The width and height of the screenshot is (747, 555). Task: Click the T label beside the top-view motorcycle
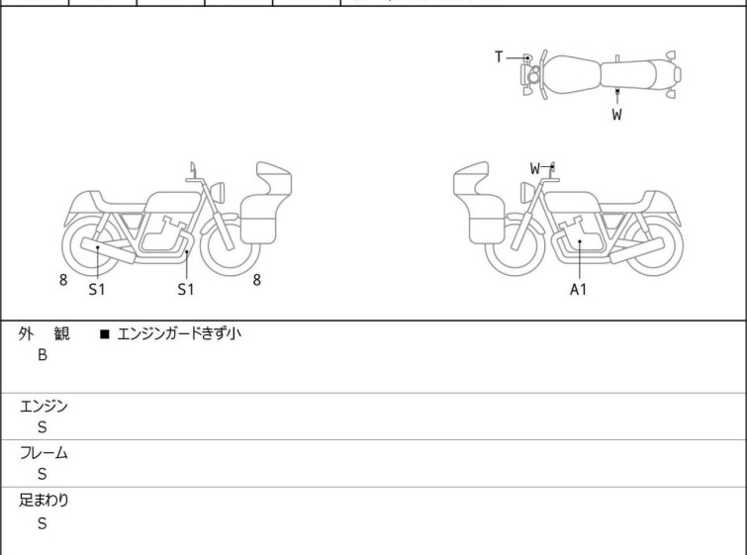(499, 57)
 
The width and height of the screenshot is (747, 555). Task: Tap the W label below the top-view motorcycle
(617, 115)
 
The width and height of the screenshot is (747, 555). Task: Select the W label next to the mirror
(535, 168)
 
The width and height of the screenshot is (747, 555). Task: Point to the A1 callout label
(578, 289)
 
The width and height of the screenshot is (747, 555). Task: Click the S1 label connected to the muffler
(97, 289)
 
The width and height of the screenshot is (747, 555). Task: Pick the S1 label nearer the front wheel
(186, 289)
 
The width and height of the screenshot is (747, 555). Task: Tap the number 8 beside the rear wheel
(63, 280)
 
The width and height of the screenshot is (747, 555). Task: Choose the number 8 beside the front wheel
(257, 280)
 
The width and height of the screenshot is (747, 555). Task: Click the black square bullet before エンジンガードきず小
(105, 334)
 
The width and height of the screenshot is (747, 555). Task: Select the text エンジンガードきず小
(179, 333)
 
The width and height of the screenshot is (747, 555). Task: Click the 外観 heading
(44, 334)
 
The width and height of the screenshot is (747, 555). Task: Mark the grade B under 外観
(43, 355)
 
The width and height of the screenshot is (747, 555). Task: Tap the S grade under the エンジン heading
(43, 427)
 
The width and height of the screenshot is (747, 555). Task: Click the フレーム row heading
(44, 452)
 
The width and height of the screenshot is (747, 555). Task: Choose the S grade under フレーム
(43, 474)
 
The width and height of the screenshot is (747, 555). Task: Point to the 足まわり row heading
(44, 501)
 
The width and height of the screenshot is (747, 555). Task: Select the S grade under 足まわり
(43, 523)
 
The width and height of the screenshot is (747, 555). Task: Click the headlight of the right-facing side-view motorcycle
(218, 193)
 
